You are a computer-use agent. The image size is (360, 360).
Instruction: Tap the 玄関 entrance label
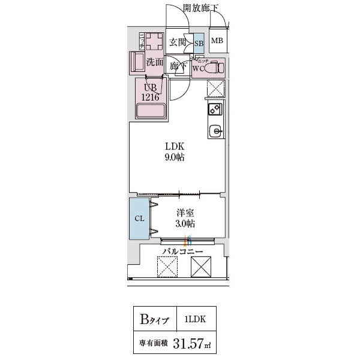coord(177,42)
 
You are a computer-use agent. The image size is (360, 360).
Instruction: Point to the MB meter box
coord(217,41)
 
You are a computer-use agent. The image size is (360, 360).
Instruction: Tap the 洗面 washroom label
coord(155,61)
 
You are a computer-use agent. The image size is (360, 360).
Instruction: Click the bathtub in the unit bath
coord(151,112)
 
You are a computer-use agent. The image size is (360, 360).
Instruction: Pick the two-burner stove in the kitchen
coord(215,109)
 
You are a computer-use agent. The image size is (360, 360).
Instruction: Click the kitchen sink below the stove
coord(215,130)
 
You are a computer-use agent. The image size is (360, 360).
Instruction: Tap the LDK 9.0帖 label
coord(175,151)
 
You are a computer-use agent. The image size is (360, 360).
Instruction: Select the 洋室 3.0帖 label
coord(184,218)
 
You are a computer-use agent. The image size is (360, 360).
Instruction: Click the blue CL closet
coord(139,218)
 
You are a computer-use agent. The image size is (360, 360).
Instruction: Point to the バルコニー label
coord(184,252)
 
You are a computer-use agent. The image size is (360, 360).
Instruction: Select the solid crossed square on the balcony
coord(202,267)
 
